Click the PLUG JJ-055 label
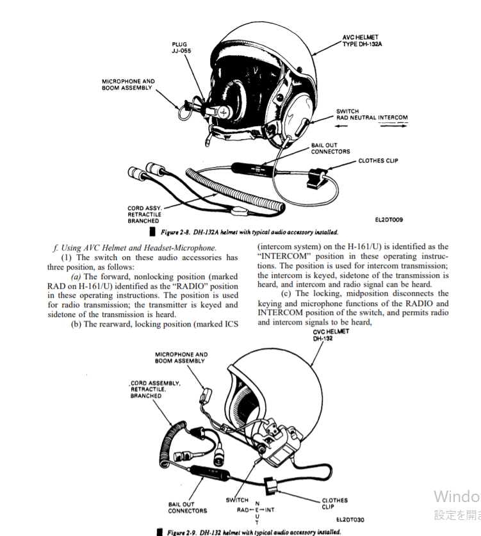181,47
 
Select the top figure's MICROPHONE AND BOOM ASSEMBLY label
128,85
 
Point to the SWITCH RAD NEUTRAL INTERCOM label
371,115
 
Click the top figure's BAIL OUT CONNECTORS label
330,149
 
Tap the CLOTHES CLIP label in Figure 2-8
378,161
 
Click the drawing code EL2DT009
389,220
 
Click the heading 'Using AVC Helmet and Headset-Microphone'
136,247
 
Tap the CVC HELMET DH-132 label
331,335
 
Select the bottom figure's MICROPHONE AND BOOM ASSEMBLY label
181,357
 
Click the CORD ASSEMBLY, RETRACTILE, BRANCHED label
156,389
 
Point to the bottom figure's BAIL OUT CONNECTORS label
188,507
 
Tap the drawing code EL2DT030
350,519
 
